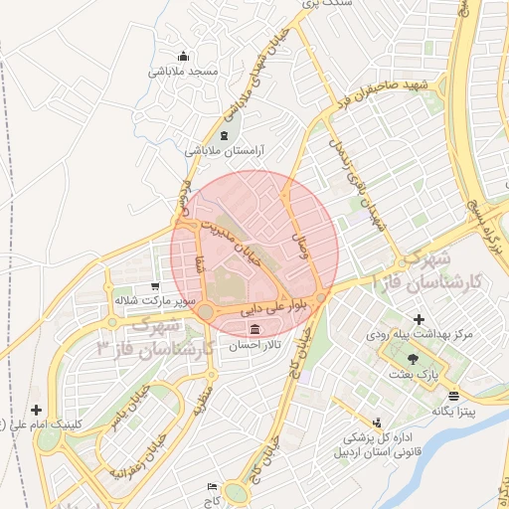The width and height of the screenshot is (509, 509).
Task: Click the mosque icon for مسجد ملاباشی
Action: [182, 56]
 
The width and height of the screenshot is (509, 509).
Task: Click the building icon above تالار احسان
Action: [256, 329]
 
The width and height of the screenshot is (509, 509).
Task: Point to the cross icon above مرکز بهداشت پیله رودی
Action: [419, 319]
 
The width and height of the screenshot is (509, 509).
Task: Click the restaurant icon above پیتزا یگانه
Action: [438, 395]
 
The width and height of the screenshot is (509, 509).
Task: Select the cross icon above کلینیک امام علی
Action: [37, 410]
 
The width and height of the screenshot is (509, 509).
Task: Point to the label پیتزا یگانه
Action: [454, 411]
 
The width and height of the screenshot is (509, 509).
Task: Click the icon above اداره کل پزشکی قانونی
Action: [376, 422]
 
